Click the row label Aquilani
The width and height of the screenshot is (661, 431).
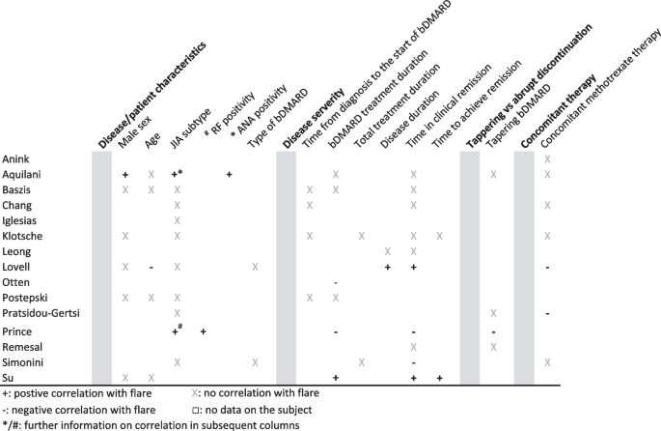22,174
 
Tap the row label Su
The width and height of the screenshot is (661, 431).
9,377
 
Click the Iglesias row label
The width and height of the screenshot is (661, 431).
21,220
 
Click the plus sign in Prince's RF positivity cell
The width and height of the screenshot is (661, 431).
204,330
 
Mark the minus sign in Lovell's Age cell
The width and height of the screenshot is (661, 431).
151,267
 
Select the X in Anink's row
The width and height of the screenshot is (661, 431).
547,158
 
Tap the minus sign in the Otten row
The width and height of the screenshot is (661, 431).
335,283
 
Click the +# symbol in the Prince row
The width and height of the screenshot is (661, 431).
178,330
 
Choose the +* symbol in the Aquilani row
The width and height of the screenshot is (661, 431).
178,174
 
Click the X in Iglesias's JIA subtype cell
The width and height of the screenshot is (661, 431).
178,220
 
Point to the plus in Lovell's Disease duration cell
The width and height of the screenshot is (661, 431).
387,267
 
